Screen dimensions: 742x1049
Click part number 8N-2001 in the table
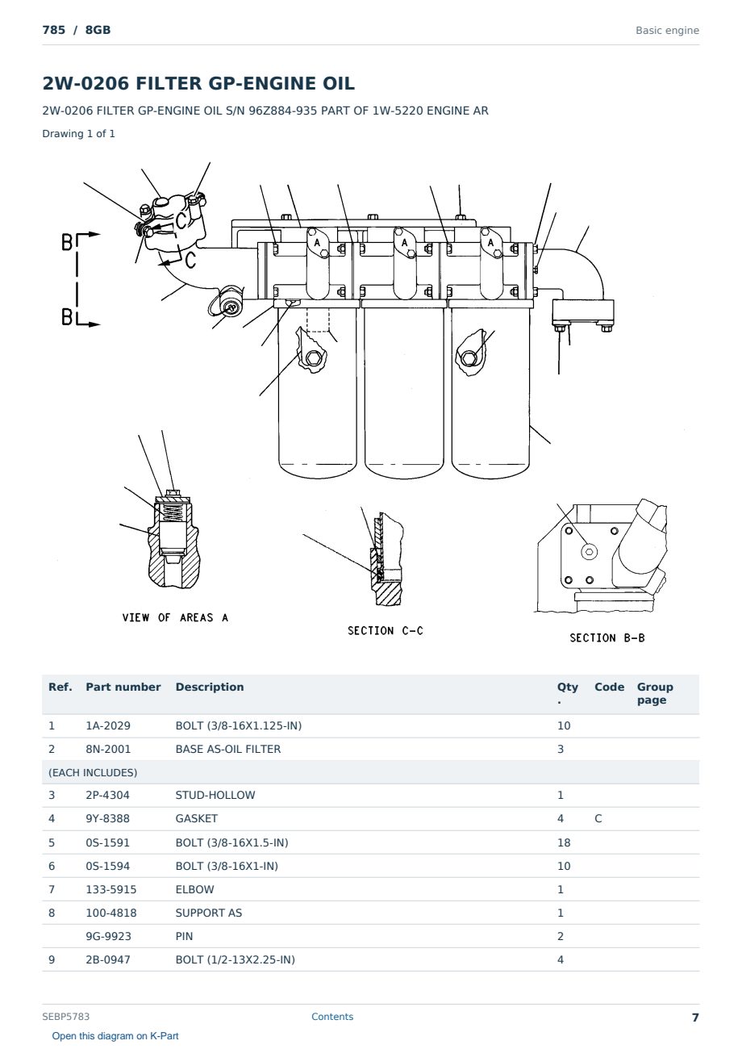point(108,749)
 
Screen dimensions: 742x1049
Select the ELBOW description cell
point(194,889)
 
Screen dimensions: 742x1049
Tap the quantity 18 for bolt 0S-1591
point(564,842)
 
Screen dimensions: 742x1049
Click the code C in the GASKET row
point(598,818)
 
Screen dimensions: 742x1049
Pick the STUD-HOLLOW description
point(215,795)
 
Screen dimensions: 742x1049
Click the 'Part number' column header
point(123,687)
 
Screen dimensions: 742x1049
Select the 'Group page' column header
point(655,694)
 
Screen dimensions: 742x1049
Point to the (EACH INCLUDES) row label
point(93,772)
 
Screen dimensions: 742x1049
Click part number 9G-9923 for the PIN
point(108,936)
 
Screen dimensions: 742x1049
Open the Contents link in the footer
point(332,1017)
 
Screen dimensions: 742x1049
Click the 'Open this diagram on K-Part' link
point(115,1036)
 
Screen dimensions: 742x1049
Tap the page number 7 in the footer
point(695,1018)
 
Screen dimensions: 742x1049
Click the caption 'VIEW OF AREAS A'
point(175,617)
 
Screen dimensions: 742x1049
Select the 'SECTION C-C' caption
point(386,631)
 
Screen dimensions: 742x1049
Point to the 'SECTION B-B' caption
point(607,637)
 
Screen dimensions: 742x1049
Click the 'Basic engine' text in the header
point(667,31)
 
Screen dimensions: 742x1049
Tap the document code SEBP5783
point(65,1017)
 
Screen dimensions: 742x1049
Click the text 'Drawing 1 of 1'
point(78,133)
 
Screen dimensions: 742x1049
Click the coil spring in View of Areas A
point(173,512)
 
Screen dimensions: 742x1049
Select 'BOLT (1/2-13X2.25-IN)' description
point(235,959)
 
